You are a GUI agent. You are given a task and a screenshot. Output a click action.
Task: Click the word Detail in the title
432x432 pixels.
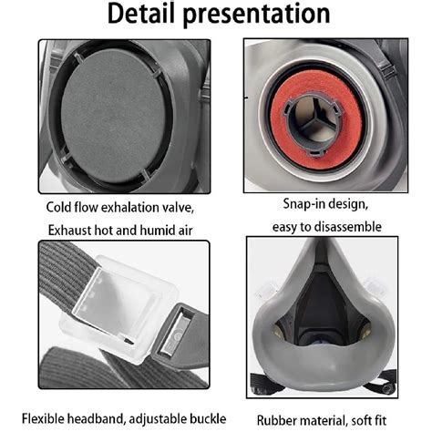(141, 14)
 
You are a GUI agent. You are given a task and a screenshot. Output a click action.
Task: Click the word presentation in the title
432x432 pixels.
(256, 15)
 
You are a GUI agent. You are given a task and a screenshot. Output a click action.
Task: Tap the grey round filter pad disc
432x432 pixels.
(114, 116)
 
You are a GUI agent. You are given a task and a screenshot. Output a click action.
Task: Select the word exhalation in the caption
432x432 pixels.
(129, 208)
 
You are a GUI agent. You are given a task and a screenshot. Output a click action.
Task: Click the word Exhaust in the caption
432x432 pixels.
(69, 231)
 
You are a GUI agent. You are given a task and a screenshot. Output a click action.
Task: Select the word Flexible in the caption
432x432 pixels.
(43, 418)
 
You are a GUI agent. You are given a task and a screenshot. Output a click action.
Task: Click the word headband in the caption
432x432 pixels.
(96, 418)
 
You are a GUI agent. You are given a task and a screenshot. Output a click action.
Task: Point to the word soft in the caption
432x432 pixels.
(361, 421)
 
